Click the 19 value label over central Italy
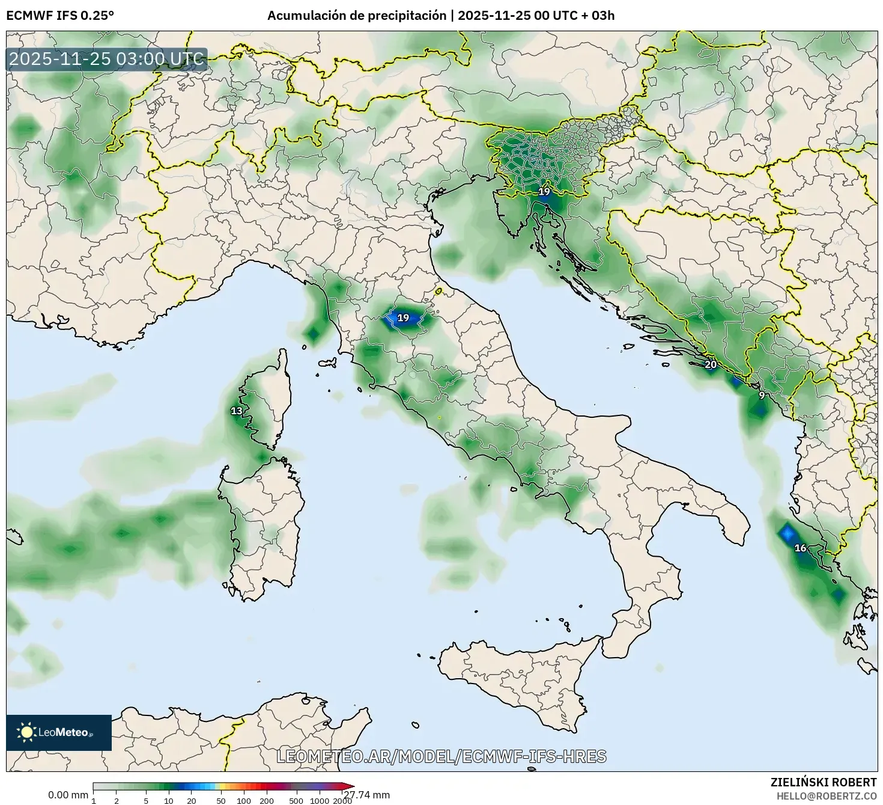coord(403,317)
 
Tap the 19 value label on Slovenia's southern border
coord(544,192)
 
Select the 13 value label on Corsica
coord(237,411)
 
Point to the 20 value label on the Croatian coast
coord(711,364)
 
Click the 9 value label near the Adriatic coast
coord(762,396)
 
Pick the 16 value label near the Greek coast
coord(800,548)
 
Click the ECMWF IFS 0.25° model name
coord(59,16)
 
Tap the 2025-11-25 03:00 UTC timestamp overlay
coord(107,59)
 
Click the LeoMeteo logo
coord(58,732)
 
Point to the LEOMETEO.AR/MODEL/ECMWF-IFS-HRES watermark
coord(441,756)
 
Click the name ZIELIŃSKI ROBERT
coord(823,782)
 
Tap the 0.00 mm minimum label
coord(68,795)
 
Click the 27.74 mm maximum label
coord(368,795)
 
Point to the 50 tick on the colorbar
coord(221,801)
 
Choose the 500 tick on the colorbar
coord(296,801)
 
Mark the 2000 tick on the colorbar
coord(342,801)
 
